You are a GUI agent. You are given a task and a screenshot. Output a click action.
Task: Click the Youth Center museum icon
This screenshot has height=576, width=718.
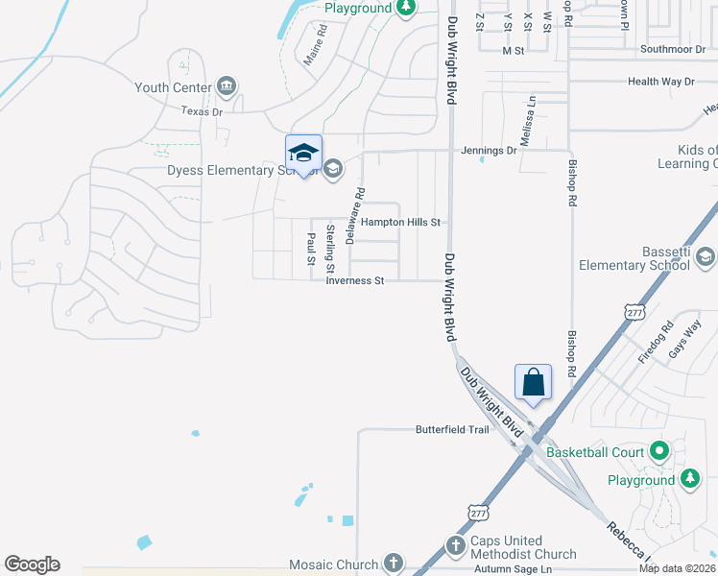227,87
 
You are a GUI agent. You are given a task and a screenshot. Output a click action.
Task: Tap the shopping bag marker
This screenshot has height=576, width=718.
533,382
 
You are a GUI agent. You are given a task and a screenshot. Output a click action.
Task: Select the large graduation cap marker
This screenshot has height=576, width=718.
303,154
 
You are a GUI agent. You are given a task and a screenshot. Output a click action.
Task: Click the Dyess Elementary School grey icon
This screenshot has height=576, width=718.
333,170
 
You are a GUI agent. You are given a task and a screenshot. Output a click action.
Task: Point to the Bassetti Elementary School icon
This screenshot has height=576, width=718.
706,256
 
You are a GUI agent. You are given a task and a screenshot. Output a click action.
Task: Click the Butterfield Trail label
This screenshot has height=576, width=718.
452,429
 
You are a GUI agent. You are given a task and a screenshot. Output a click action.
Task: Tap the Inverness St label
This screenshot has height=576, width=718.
354,281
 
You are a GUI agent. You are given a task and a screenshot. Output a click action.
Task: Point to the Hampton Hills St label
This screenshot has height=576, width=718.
400,223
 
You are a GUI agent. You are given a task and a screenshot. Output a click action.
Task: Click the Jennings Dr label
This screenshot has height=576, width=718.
489,151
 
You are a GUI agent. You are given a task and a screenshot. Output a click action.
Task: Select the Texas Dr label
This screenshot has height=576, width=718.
202,111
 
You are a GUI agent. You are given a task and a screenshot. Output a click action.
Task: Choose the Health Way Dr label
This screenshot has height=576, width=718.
660,82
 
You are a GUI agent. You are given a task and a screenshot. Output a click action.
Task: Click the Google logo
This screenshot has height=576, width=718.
32,564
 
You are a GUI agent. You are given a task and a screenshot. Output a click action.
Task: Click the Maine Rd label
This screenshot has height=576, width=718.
316,44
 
